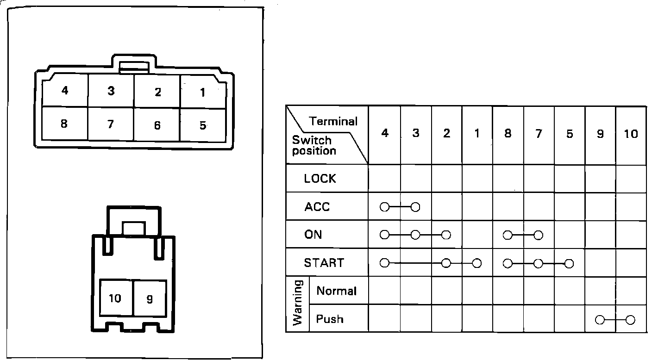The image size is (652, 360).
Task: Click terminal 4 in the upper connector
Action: point(65,91)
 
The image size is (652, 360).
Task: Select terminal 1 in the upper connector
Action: point(202,93)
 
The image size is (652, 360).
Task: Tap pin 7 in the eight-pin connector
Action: point(110,124)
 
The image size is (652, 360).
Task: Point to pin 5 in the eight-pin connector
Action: point(202,125)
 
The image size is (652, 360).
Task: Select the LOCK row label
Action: point(320,179)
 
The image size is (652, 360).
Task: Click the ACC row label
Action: point(317,207)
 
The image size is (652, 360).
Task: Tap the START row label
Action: point(324,263)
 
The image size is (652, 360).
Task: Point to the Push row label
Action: point(330,319)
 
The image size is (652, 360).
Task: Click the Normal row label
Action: point(336,291)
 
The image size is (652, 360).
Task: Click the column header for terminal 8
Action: point(508,134)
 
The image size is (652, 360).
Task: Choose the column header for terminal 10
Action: point(631,134)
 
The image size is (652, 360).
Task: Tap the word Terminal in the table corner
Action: point(333,122)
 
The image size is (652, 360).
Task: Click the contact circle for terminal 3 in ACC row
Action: point(415,207)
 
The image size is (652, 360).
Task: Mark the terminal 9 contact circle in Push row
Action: point(600,319)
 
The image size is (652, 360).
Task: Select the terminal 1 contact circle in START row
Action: point(477,263)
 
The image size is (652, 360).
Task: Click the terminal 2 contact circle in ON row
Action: point(446,235)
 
